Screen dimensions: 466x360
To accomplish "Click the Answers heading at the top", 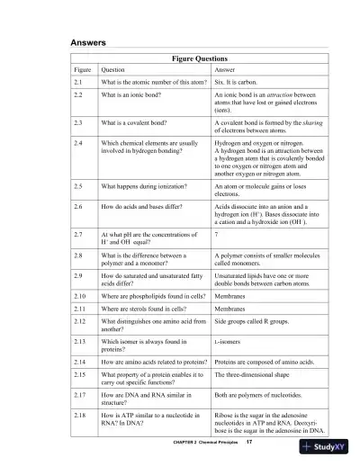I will [89, 42].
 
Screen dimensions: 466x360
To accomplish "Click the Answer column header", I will [225, 70].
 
